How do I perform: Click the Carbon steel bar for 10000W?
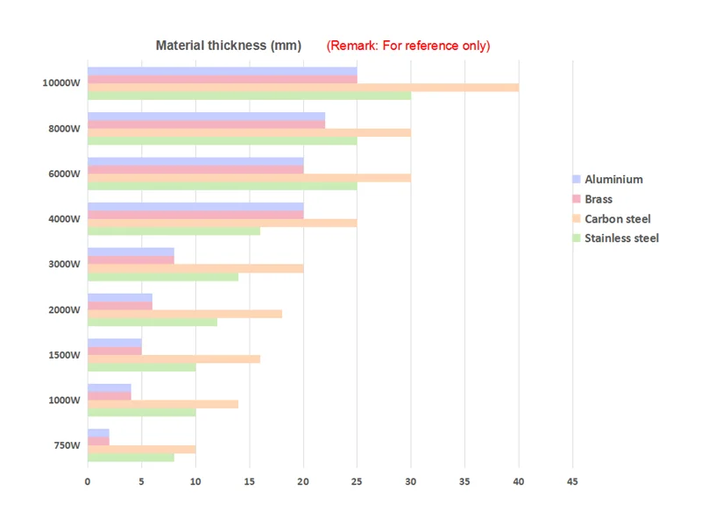(303, 88)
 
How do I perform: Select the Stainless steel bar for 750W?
(131, 458)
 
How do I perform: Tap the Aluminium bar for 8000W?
(206, 117)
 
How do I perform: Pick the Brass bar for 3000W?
(131, 259)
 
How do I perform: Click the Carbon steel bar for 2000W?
(185, 313)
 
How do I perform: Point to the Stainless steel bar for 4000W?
(173, 231)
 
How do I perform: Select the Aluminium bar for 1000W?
(110, 387)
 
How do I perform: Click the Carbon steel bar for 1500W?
(173, 359)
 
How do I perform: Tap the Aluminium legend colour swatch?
(577, 180)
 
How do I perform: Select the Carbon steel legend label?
(618, 219)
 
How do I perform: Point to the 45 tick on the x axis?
(572, 481)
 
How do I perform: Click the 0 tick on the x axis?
(88, 481)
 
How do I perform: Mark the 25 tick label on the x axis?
(357, 481)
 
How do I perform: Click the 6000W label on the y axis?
(66, 174)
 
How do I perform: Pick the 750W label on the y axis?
(67, 445)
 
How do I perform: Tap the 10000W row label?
(61, 83)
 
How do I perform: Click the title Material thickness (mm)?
(229, 46)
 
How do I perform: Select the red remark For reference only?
(408, 46)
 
